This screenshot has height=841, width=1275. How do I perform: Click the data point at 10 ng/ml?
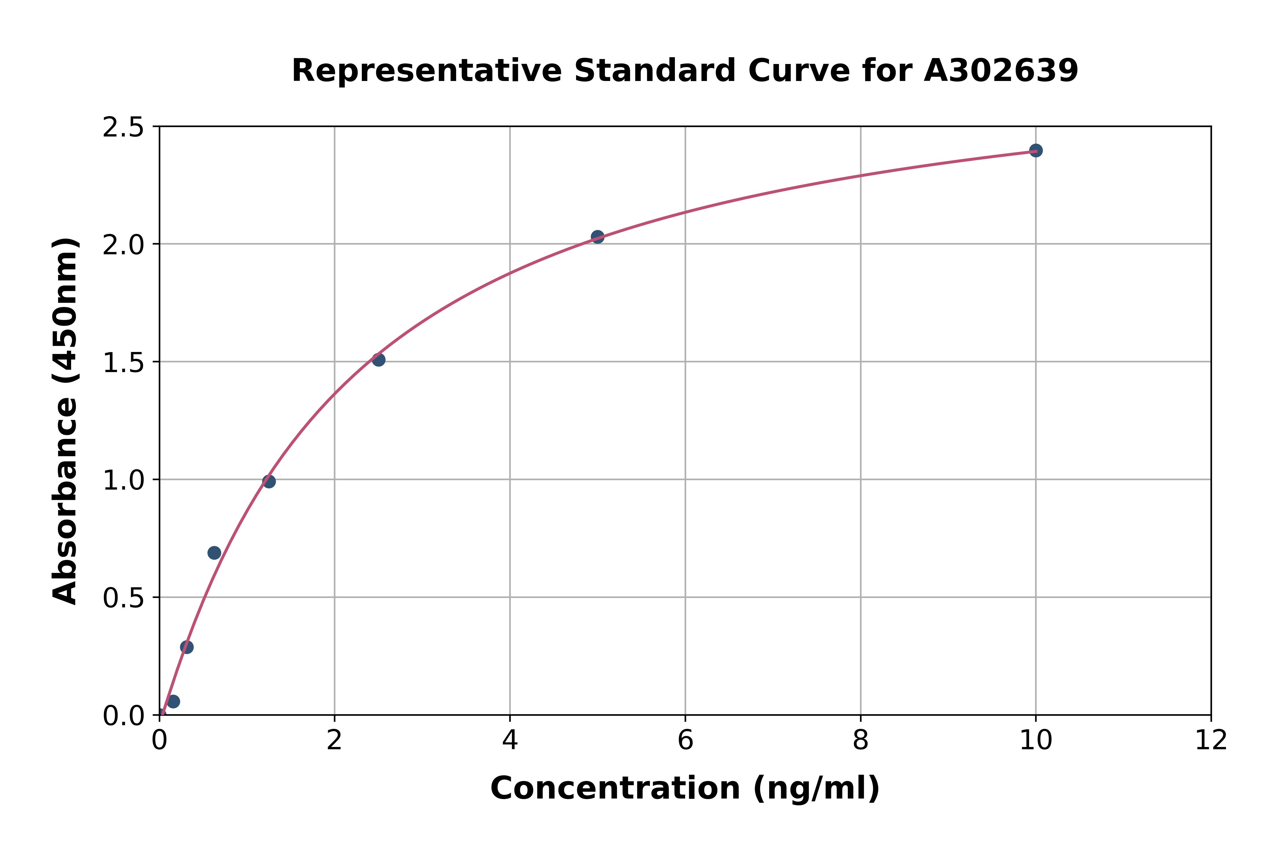coord(1036,151)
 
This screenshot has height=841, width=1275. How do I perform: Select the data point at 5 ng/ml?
coord(597,236)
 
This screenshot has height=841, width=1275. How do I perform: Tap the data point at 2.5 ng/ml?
coord(378,359)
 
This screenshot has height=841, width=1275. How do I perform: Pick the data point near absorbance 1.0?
coord(269,482)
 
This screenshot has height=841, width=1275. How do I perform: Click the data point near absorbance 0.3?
coord(187,647)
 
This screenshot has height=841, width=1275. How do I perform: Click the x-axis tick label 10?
coord(1035,741)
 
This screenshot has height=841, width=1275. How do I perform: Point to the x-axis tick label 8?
coord(860,741)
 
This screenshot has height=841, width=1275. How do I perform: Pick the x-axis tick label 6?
coord(685,741)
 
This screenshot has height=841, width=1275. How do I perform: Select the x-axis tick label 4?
coord(510,741)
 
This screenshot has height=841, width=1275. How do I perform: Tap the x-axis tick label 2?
coord(334,741)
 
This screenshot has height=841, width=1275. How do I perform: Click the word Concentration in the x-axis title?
coord(615,788)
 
